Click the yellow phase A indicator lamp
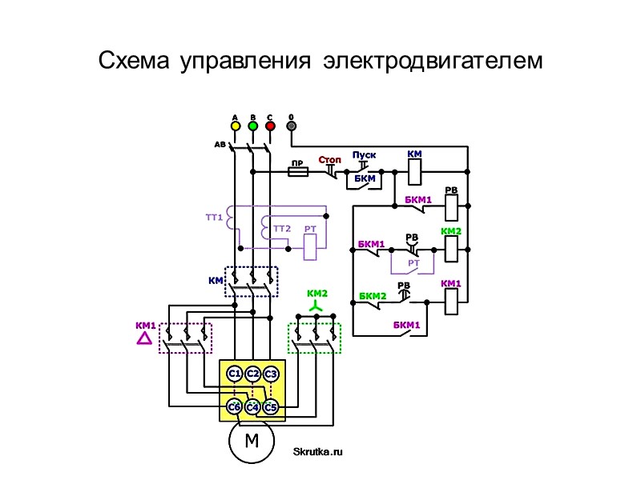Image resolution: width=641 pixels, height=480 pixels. tap(235, 126)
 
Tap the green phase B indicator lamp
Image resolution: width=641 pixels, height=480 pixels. tap(252, 126)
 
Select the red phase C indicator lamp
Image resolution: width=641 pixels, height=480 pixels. tap(270, 126)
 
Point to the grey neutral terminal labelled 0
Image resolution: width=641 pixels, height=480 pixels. tap(292, 126)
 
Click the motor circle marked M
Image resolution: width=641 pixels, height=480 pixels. tap(252, 441)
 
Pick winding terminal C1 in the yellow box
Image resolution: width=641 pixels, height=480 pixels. tap(235, 374)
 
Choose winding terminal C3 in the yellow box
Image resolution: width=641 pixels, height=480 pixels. tap(271, 374)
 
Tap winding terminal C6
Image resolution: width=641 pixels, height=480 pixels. tap(234, 407)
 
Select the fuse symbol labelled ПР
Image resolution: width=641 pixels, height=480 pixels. tap(299, 171)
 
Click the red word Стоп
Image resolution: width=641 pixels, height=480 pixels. tap(329, 160)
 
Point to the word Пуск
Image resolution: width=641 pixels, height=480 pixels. tap(364, 155)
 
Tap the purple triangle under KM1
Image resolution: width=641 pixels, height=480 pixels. tap(144, 338)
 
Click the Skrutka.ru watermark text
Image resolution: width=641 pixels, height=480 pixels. tap(318, 452)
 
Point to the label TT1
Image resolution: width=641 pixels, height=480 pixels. tap(213, 217)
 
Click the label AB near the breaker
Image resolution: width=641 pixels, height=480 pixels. tap(220, 145)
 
